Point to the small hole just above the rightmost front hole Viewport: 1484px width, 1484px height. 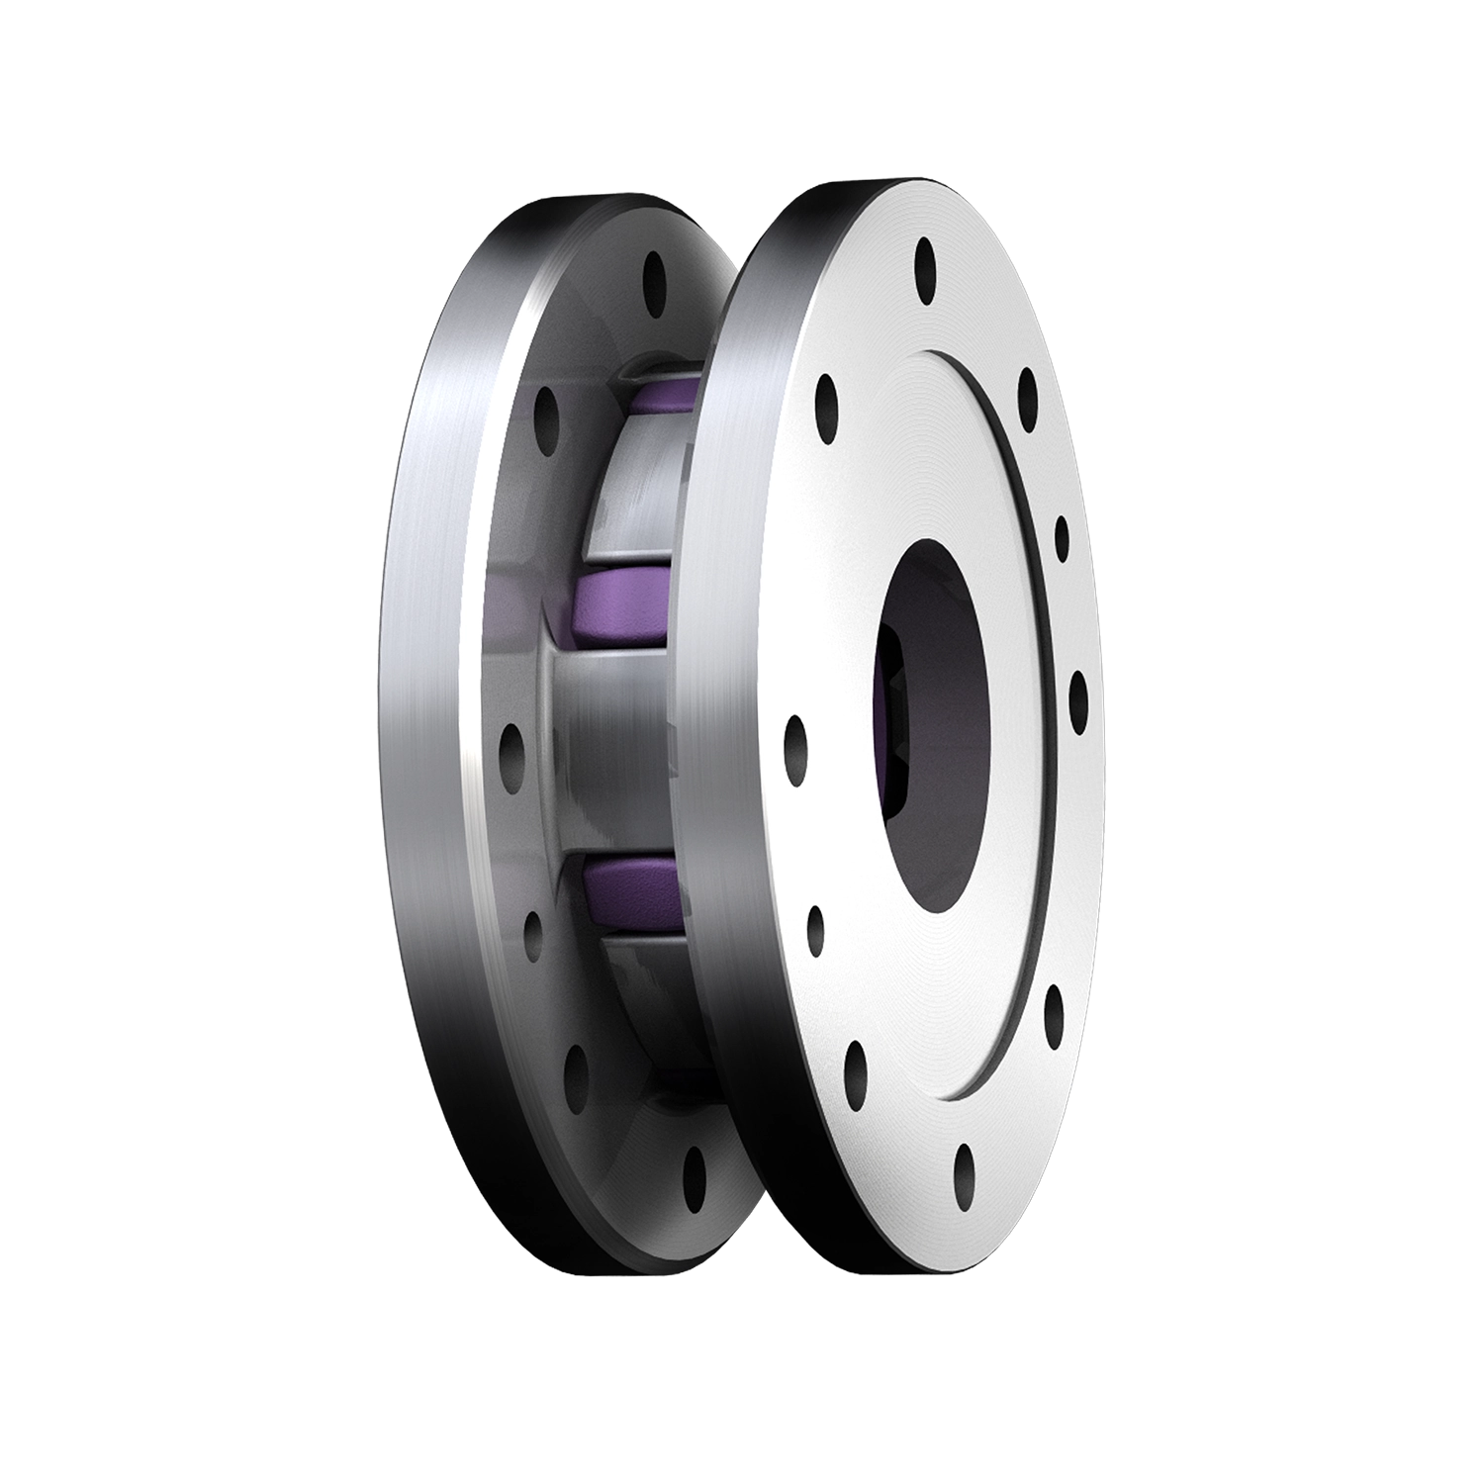coord(1062,537)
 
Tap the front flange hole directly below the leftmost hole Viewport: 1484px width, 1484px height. coord(815,927)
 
